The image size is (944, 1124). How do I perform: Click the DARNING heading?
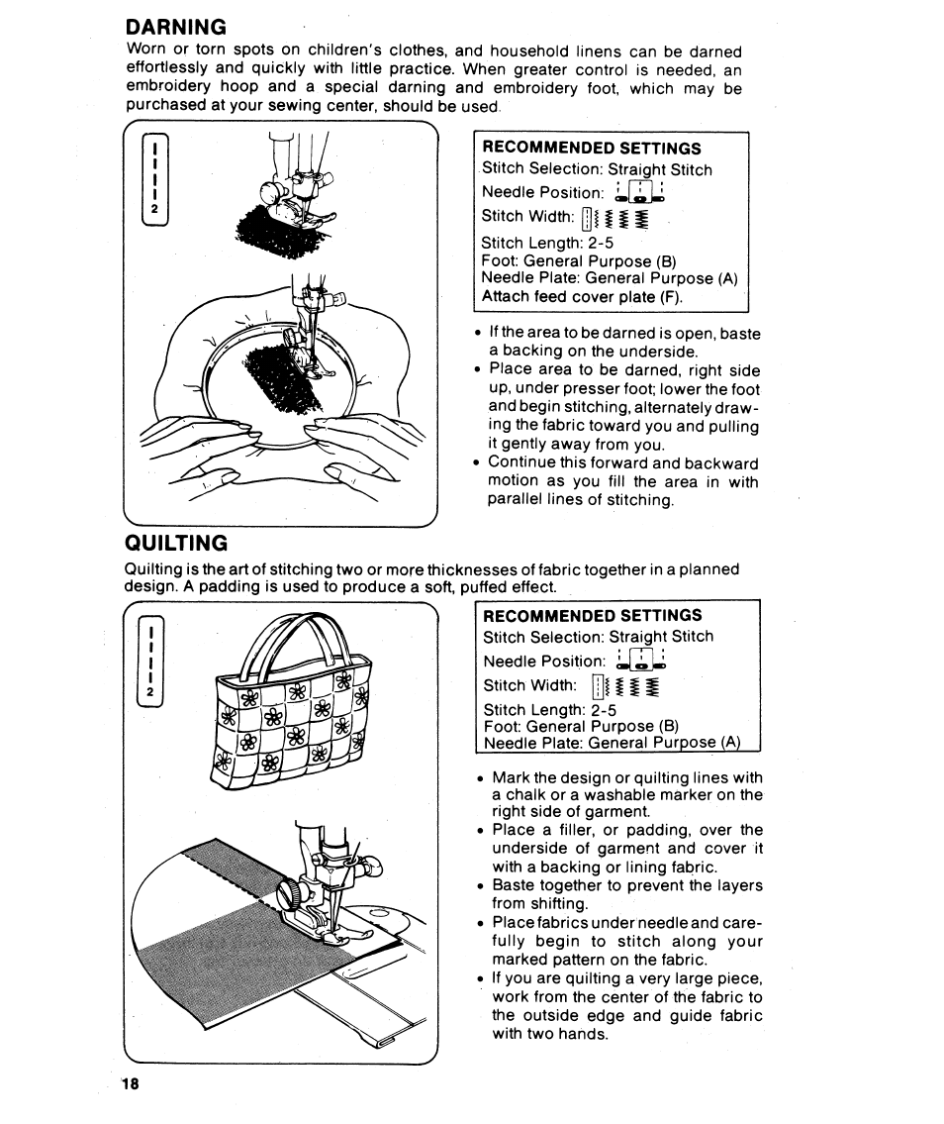pos(177,26)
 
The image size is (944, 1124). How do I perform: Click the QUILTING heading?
pos(176,543)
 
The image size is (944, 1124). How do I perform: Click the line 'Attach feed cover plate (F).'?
pos(582,296)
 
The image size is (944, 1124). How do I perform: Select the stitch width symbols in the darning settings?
pos(614,218)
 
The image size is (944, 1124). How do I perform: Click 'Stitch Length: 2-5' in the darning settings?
pos(547,243)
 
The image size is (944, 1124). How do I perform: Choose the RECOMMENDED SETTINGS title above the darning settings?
pos(591,149)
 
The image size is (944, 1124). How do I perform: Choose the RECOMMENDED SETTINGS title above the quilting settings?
pos(592,615)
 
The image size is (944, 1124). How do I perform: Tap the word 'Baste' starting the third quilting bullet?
pos(513,885)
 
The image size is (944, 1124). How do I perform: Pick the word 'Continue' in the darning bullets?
pos(524,463)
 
